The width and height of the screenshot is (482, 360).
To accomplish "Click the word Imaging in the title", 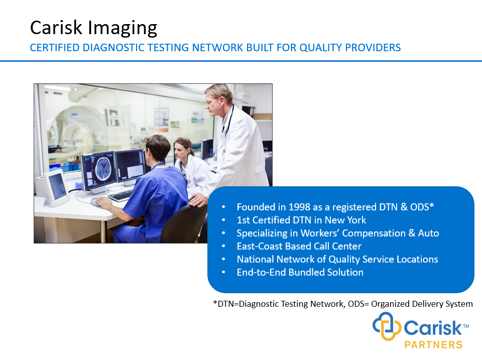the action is [x=123, y=29].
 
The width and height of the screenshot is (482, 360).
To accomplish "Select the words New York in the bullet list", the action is [x=345, y=220].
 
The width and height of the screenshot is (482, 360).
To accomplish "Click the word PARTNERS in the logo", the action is [x=433, y=344].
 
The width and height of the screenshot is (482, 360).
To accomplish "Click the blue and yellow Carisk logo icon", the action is [x=387, y=326].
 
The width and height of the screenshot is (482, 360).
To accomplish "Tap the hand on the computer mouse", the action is [x=104, y=202].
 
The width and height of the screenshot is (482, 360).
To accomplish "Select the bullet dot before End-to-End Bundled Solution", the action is [x=223, y=272].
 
